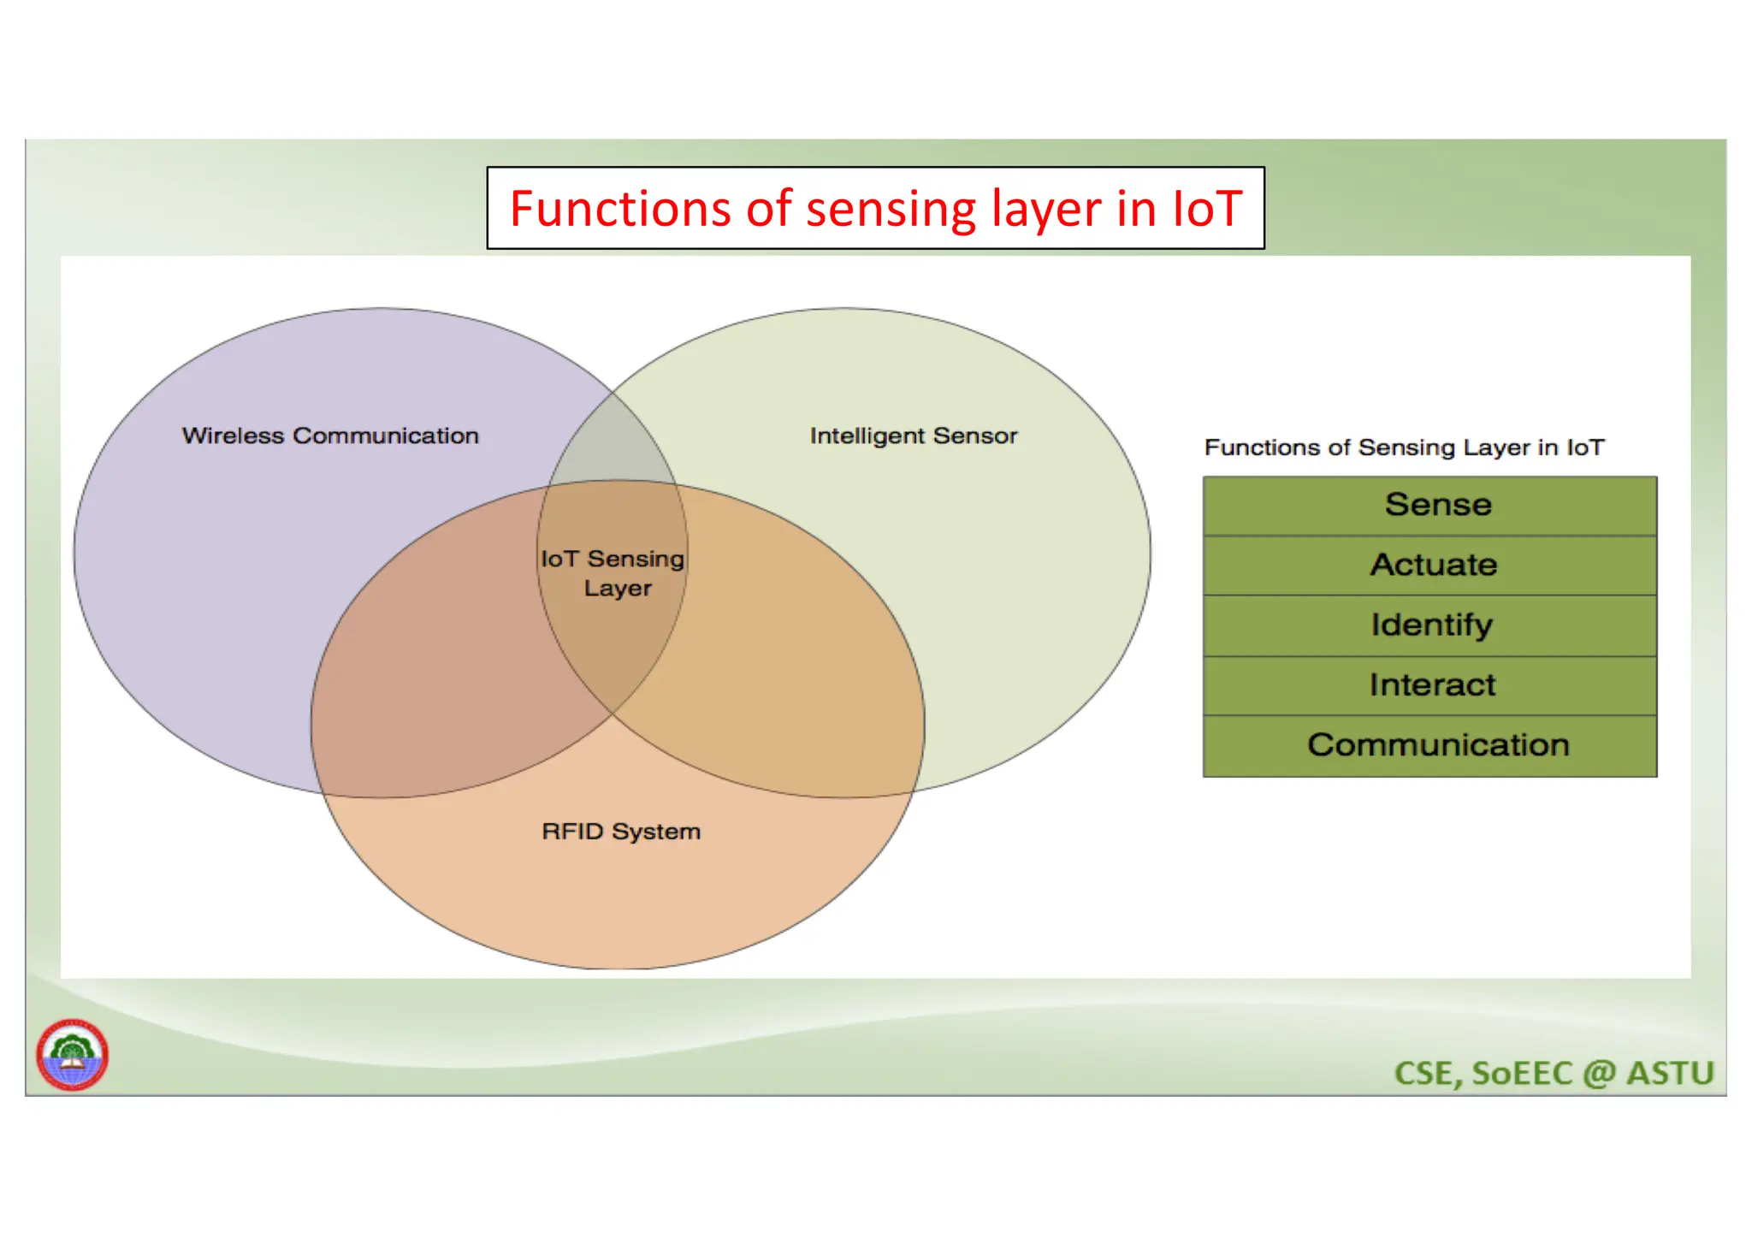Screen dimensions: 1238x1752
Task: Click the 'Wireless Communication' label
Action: tap(330, 435)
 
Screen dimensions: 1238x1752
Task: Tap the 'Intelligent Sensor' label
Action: tap(913, 435)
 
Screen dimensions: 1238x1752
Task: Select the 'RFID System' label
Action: tap(621, 831)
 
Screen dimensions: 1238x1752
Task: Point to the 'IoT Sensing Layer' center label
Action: tap(613, 572)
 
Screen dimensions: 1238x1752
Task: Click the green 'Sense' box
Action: tap(1429, 505)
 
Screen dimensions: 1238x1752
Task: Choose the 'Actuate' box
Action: tap(1429, 565)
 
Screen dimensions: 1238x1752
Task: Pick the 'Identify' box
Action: tap(1429, 625)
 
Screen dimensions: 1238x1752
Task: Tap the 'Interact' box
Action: tap(1429, 684)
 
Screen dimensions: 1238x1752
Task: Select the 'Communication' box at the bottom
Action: tap(1429, 745)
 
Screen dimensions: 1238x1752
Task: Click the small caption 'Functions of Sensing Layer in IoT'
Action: tap(1404, 447)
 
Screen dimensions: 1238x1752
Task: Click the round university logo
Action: tap(72, 1054)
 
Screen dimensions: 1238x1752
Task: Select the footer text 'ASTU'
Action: tap(1669, 1073)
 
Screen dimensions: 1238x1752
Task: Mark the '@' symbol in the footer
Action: tap(1598, 1073)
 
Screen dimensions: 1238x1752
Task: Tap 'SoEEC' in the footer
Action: tap(1522, 1073)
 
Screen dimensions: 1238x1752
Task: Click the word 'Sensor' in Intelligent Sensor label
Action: tap(974, 435)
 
